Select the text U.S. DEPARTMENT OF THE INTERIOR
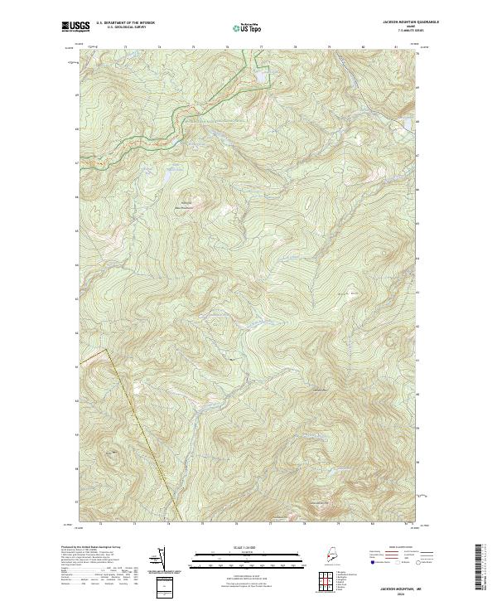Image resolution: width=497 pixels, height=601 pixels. point(125,23)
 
